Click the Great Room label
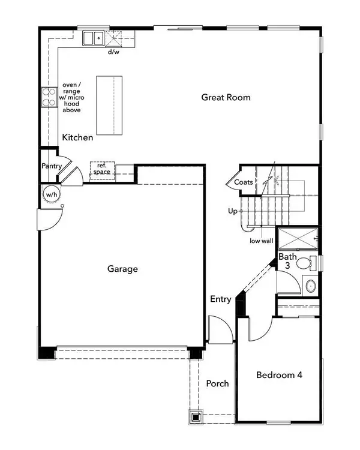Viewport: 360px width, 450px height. coord(226,97)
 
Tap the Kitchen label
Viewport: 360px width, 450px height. coord(78,137)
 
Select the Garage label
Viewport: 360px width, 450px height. coord(122,269)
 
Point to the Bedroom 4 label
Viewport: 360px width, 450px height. coord(279,375)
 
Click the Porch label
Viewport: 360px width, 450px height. coord(217,383)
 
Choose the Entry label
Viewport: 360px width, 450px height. coord(221,299)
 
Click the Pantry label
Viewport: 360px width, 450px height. coord(53,166)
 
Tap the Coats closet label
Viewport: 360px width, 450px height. coord(243,182)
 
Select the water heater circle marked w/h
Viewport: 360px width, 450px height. coord(50,194)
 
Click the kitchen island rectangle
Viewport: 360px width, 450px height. coord(110,107)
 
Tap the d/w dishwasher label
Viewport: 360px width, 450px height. coord(113,52)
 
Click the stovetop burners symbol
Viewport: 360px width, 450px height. coord(46,97)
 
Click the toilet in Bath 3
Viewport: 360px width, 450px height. coord(305,263)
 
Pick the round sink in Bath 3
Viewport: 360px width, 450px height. coord(310,286)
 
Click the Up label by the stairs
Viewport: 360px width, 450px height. coord(233,211)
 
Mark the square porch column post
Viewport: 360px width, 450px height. coord(196,415)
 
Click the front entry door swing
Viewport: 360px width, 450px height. coord(218,329)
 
